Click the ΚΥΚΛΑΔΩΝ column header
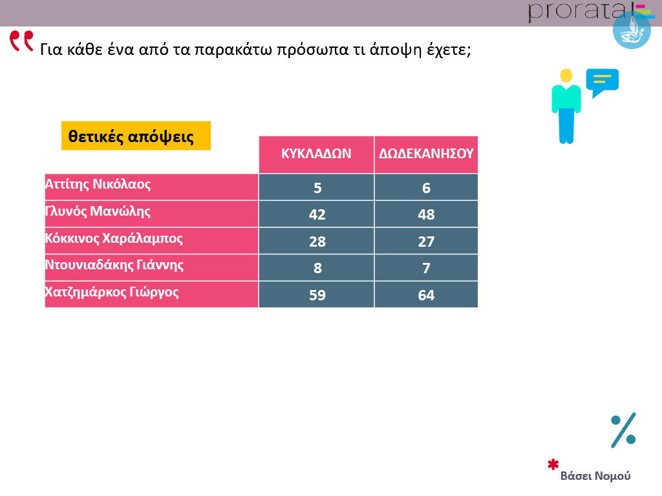(x=316, y=154)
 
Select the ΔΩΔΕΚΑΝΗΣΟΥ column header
(x=426, y=154)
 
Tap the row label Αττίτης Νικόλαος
(x=98, y=184)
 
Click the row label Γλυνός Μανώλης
(x=98, y=211)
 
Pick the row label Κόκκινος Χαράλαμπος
(x=114, y=238)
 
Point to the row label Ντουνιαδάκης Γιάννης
(x=114, y=265)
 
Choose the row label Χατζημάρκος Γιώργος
(x=112, y=292)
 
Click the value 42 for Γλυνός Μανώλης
(x=317, y=214)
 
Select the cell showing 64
(x=426, y=294)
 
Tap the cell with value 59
(x=317, y=294)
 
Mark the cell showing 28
(x=317, y=242)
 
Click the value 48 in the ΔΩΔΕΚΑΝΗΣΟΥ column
(x=426, y=214)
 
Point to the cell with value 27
(x=426, y=242)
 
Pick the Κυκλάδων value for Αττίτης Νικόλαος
(x=317, y=188)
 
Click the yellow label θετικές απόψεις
(x=136, y=136)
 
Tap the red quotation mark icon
(x=21, y=41)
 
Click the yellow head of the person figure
(x=566, y=76)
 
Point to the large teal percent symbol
(x=623, y=429)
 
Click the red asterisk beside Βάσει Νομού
(x=553, y=464)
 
